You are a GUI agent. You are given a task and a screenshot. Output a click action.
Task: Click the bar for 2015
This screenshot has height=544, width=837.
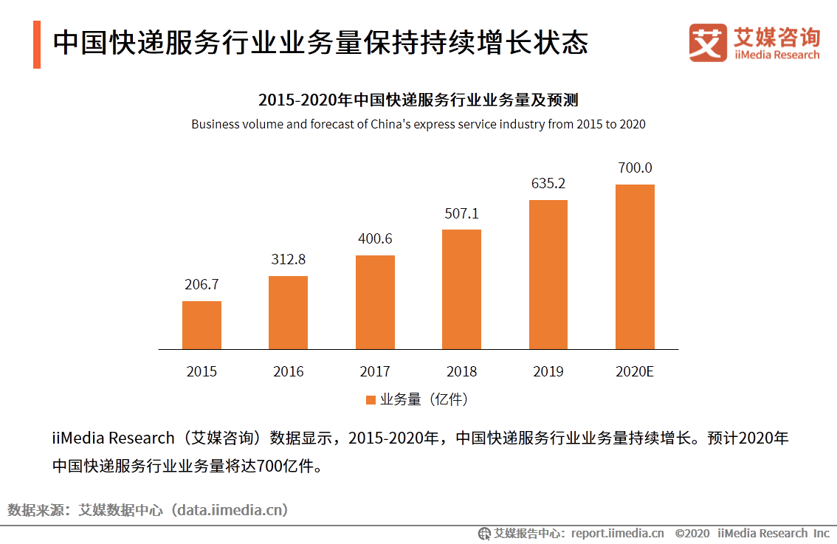pos(201,325)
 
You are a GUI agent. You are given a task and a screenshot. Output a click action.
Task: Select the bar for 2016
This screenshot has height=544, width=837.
pos(288,312)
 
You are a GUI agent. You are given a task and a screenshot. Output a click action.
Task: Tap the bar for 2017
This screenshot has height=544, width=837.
pos(375,302)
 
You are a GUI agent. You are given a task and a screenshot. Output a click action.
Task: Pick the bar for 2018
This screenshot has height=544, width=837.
pos(461,289)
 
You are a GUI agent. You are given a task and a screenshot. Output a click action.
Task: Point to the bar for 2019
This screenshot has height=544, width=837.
pos(548,275)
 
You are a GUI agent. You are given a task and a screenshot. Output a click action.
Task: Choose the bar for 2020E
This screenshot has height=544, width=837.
pos(635,266)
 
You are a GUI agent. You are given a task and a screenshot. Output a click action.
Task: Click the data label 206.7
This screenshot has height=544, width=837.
pos(201,284)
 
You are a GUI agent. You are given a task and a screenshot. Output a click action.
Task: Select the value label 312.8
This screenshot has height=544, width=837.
pos(288,259)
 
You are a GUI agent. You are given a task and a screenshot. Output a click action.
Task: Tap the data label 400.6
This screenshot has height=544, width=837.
pos(375,238)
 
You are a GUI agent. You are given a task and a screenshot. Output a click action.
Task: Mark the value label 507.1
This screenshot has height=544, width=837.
pos(461,213)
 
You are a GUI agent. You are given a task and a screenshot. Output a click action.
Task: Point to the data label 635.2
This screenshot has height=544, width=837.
pos(548,183)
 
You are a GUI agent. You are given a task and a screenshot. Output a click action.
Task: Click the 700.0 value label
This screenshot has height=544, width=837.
pos(635,168)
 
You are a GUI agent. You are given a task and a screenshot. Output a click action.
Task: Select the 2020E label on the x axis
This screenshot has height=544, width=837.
pos(635,371)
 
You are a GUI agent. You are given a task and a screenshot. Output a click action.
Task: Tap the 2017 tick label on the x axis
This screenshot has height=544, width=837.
pos(375,371)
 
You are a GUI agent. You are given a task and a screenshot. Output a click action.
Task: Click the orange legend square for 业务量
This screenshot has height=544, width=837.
pos(371,400)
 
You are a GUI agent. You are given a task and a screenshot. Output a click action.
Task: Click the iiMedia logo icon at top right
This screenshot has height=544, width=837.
pos(708,43)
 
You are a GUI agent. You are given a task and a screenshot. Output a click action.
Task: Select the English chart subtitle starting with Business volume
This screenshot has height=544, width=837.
pos(418,124)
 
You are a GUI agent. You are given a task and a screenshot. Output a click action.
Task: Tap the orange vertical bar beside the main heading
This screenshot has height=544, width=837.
pos(37,44)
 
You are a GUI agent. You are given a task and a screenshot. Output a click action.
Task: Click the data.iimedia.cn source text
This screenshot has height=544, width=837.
pos(229,509)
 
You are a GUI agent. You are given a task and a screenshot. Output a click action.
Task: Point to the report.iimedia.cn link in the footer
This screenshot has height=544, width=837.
pos(617,533)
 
